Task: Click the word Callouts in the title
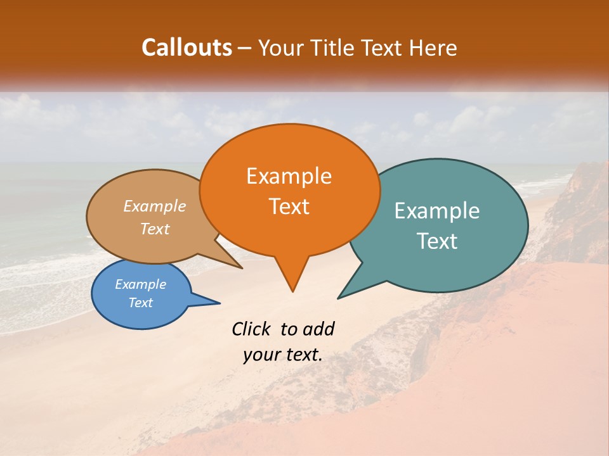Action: pyautogui.click(x=187, y=47)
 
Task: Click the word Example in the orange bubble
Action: pyautogui.click(x=289, y=176)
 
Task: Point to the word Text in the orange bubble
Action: pyautogui.click(x=289, y=206)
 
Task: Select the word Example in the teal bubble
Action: pyautogui.click(x=437, y=211)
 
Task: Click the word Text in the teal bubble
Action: pyautogui.click(x=437, y=241)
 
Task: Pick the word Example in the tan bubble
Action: pyautogui.click(x=155, y=206)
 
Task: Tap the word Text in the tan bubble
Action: pyautogui.click(x=155, y=229)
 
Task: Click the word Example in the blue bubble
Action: pyautogui.click(x=140, y=284)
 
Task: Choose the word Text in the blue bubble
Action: pyautogui.click(x=140, y=303)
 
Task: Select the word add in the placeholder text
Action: pyautogui.click(x=318, y=329)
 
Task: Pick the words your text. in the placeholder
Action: pyautogui.click(x=282, y=355)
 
